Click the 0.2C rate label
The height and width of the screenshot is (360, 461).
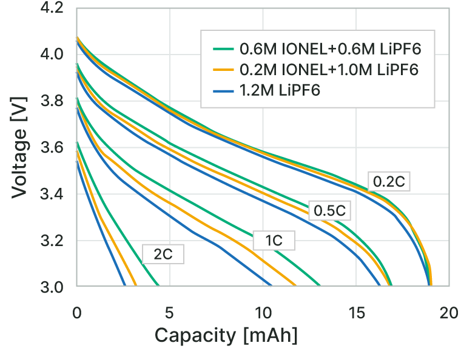(x=388, y=181)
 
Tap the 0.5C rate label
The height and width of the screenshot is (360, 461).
(x=329, y=211)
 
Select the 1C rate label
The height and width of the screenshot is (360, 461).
(x=274, y=240)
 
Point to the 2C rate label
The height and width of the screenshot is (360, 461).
(x=163, y=255)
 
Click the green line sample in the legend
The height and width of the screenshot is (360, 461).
(x=224, y=48)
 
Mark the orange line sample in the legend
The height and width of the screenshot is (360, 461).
(x=224, y=68)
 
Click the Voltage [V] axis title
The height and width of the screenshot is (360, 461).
(x=19, y=148)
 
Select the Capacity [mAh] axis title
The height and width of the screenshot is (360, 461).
(x=226, y=335)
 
